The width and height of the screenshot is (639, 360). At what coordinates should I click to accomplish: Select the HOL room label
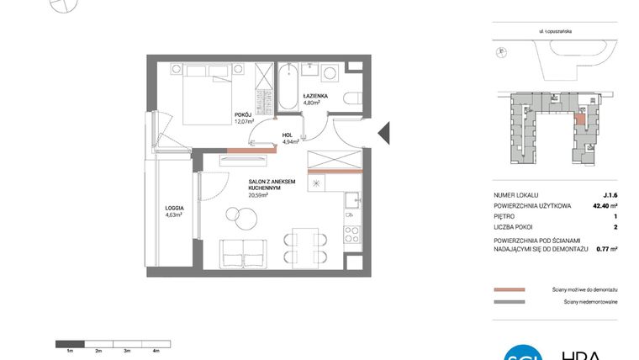[287, 134]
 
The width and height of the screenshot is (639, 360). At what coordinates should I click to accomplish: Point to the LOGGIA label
[174, 206]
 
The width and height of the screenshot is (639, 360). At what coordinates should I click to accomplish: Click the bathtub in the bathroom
[287, 87]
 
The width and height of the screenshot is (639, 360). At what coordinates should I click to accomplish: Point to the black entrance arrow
[383, 132]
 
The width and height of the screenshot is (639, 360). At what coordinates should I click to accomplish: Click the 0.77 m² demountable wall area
[606, 249]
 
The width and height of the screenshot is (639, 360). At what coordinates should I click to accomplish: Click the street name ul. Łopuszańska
[557, 31]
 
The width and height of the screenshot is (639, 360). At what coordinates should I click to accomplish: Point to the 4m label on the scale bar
[156, 349]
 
